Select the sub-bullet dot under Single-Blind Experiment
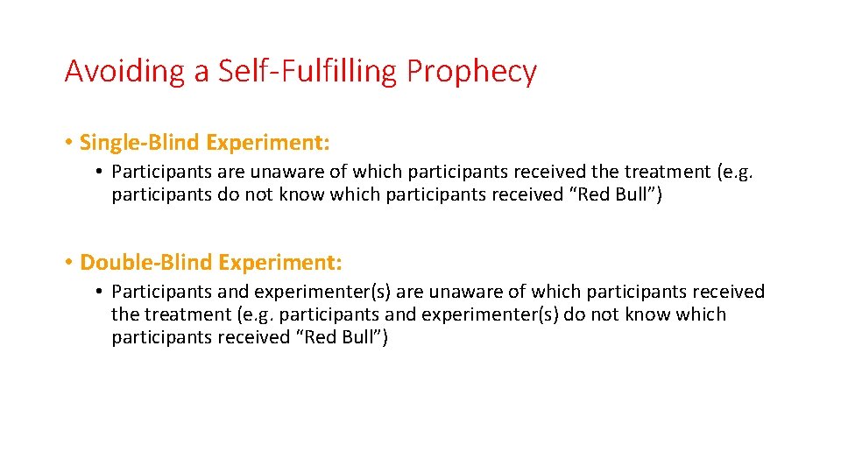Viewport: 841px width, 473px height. pyautogui.click(x=101, y=173)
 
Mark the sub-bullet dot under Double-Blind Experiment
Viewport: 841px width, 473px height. pyautogui.click(x=101, y=292)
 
